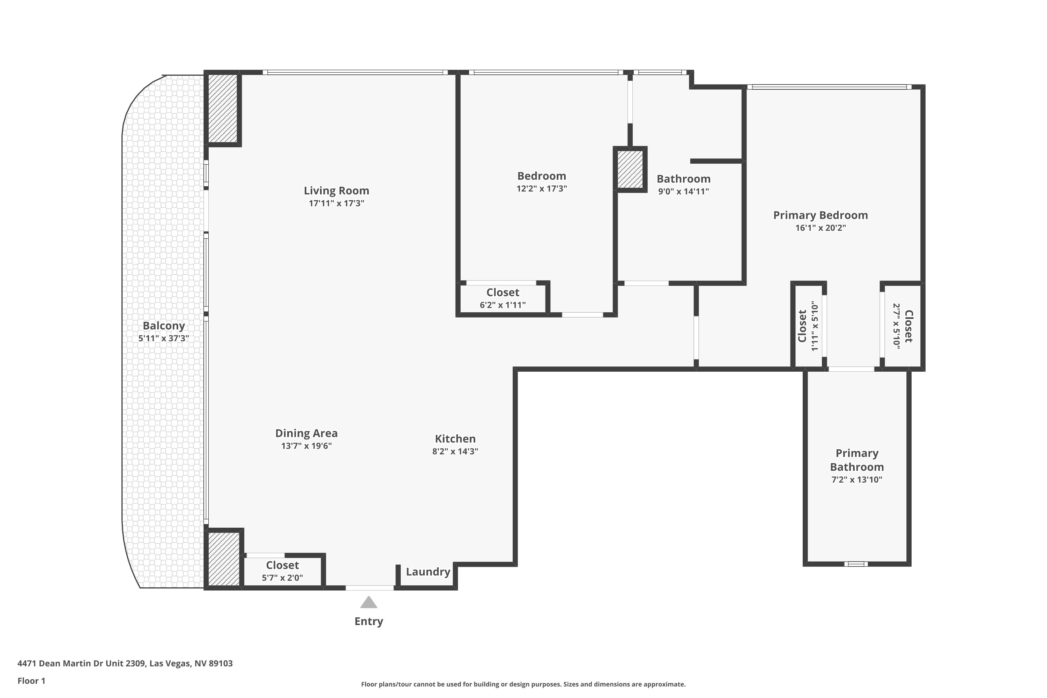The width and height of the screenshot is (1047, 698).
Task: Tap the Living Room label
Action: click(x=336, y=191)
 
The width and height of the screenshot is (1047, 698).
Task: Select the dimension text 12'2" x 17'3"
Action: click(x=541, y=188)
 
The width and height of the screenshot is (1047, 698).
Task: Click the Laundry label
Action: click(x=428, y=572)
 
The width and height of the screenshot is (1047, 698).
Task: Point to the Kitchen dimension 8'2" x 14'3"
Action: click(x=455, y=451)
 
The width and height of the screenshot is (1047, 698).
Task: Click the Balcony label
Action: click(x=163, y=325)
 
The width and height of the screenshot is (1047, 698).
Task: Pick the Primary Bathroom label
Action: click(x=856, y=460)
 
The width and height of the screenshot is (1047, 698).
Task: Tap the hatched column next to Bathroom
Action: click(x=630, y=169)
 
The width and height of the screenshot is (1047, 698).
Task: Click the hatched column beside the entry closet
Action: click(x=224, y=559)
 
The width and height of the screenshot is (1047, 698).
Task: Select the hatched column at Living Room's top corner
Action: click(x=223, y=108)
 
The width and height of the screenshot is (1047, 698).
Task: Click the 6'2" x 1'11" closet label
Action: click(x=503, y=292)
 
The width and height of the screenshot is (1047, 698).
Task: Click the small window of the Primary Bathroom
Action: click(x=856, y=564)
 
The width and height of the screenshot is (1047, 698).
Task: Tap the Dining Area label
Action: click(x=306, y=433)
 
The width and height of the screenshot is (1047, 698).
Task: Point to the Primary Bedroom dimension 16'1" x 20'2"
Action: click(x=820, y=228)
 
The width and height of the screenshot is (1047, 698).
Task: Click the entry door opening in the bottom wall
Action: click(x=370, y=588)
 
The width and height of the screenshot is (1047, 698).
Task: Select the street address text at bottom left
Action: click(x=125, y=663)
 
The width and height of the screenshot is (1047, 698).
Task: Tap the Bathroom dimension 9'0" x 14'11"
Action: click(x=683, y=191)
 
